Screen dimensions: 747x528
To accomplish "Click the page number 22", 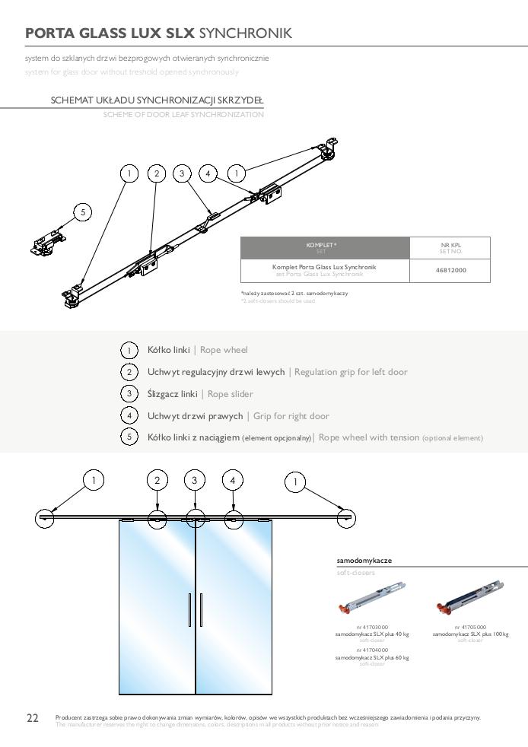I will (33, 718).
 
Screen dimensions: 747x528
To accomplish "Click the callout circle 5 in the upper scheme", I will (83, 212).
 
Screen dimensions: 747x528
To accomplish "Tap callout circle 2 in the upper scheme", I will (157, 173).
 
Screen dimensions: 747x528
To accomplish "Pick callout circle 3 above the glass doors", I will (195, 480).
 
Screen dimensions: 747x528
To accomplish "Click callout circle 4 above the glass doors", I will (233, 480).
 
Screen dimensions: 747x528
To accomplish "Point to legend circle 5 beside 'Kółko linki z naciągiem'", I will (129, 437).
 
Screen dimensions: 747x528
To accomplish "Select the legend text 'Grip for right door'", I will (291, 416).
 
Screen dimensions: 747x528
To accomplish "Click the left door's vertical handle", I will (189, 610).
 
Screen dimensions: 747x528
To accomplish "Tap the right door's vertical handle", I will (201, 610).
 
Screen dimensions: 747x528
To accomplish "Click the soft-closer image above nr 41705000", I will (470, 598).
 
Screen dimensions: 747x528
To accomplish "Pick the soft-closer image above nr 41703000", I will (371, 598).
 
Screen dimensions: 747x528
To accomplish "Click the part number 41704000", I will (372, 650).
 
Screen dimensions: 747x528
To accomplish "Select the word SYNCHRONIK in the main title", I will (244, 33).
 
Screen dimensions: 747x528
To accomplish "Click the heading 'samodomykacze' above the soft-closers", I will (364, 560).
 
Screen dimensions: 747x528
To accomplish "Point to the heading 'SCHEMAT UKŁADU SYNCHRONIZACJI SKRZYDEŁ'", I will (157, 100).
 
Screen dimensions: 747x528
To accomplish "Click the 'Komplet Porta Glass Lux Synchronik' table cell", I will (324, 270).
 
